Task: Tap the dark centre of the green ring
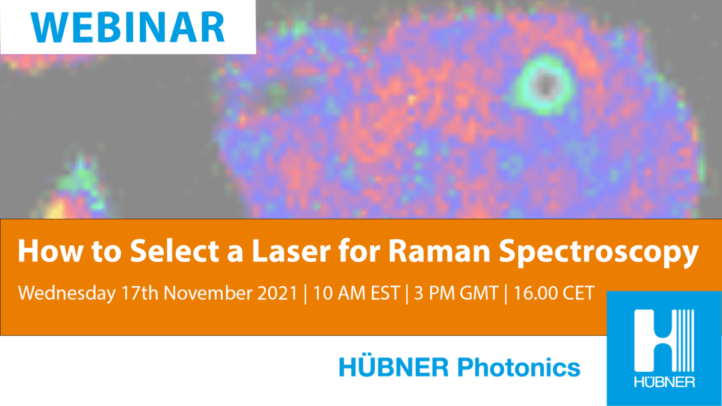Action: (x=545, y=79)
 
